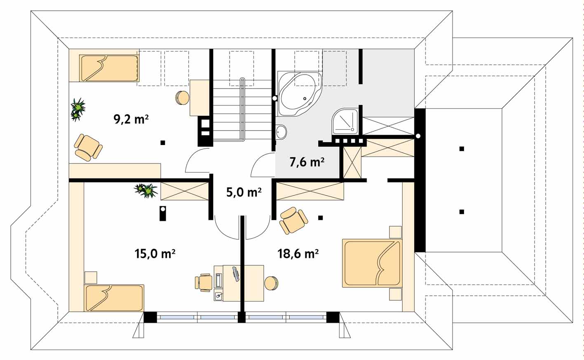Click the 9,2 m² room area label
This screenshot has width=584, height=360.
pyautogui.click(x=131, y=119)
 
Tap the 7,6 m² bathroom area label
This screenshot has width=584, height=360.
pyautogui.click(x=307, y=162)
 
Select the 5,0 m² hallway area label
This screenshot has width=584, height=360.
pyautogui.click(x=244, y=192)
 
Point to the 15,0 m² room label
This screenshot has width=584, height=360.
pyautogui.click(x=155, y=253)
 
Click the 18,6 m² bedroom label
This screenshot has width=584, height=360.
pyautogui.click(x=298, y=253)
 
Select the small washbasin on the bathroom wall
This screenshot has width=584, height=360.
pyautogui.click(x=281, y=132)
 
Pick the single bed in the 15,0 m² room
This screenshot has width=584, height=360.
pyautogui.click(x=114, y=298)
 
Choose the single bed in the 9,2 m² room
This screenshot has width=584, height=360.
pyautogui.click(x=109, y=68)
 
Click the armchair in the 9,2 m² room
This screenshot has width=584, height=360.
pyautogui.click(x=88, y=148)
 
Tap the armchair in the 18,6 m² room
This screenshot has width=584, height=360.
pyautogui.click(x=293, y=220)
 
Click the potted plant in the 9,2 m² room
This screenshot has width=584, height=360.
pyautogui.click(x=78, y=110)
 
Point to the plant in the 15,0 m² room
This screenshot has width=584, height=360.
pyautogui.click(x=146, y=190)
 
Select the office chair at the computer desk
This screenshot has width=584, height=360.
pyautogui.click(x=204, y=283)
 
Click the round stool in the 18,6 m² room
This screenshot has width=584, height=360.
pyautogui.click(x=271, y=283)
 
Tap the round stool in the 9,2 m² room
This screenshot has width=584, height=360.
pyautogui.click(x=182, y=98)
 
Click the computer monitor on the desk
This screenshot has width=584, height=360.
pyautogui.click(x=235, y=274)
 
